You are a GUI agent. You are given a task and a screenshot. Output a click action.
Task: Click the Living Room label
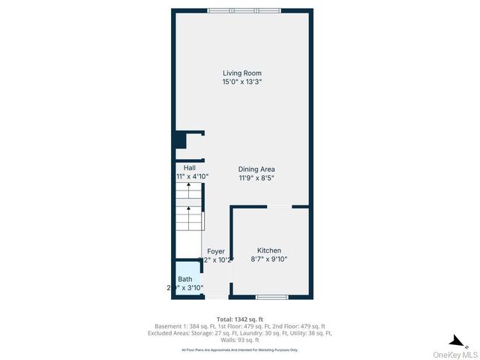point(241,73)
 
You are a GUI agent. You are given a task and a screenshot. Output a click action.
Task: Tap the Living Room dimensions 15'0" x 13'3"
point(241,82)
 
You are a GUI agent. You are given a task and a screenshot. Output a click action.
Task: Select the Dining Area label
point(256,169)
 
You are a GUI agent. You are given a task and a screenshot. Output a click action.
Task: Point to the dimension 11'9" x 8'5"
point(256,178)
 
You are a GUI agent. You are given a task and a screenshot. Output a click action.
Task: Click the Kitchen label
point(269,250)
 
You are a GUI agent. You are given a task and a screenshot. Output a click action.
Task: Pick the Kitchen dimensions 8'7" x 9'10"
point(269,259)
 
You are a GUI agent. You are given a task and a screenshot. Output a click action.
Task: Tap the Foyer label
point(216,251)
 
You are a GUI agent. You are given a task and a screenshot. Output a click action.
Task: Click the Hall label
point(180,168)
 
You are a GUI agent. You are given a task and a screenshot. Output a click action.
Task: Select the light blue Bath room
point(185,280)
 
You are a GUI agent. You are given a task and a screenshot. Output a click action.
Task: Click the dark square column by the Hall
point(180,140)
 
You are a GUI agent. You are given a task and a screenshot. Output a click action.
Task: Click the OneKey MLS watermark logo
point(458,355)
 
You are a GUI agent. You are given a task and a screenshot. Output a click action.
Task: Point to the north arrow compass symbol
point(453,340)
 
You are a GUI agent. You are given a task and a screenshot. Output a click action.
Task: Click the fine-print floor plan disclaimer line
point(240,350)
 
